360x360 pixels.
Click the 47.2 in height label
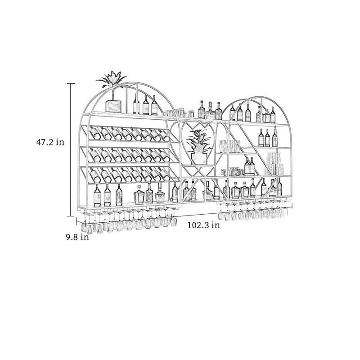click(x=50, y=142)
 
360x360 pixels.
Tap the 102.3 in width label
click(x=204, y=225)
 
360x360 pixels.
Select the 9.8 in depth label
click(x=77, y=237)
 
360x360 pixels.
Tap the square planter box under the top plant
click(x=113, y=106)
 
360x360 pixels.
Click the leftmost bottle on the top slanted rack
click(x=95, y=132)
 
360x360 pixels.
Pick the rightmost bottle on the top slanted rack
click(x=165, y=136)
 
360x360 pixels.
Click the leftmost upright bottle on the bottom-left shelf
click(x=97, y=195)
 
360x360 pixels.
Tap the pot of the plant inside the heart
click(x=199, y=158)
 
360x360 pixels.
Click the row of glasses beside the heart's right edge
click(x=229, y=146)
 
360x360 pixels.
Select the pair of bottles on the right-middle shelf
click(x=250, y=166)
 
